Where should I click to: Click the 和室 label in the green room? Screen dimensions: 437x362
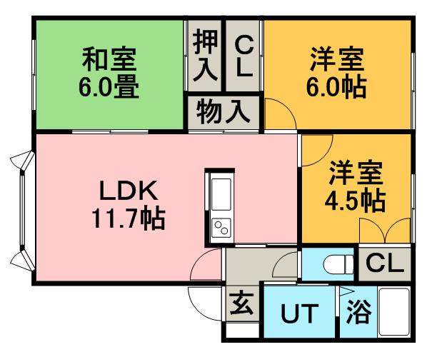coord(109,59)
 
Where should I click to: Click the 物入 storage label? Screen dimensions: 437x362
coord(223,112)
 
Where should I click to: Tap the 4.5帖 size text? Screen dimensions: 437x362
coord(355,201)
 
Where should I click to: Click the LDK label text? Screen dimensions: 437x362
coord(129,191)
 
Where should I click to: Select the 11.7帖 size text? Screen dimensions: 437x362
coord(129,218)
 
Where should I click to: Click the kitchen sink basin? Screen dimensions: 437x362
coord(221,194)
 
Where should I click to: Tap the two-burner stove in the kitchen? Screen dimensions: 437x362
coord(221,228)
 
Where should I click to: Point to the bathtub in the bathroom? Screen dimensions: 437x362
coord(394,312)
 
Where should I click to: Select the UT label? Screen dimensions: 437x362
coord(300,313)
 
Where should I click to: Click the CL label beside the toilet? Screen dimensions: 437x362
coord(385,263)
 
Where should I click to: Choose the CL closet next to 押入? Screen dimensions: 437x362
coord(244,56)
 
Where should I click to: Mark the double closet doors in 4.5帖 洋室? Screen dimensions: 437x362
coord(385,231)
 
